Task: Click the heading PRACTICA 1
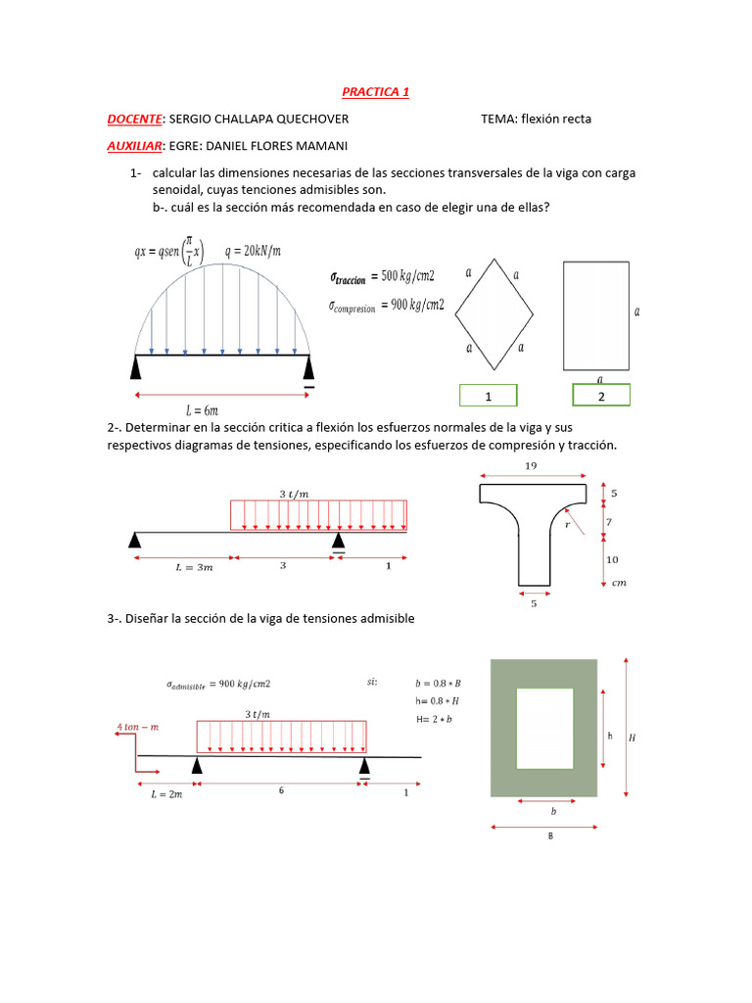click(375, 92)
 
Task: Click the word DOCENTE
click(134, 119)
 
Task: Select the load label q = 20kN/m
click(253, 250)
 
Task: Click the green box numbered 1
click(488, 396)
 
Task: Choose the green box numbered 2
click(601, 396)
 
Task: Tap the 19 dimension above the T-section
click(532, 467)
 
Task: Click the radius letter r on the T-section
click(568, 525)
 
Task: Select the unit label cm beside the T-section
click(618, 583)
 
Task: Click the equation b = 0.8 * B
click(439, 682)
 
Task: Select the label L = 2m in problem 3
click(166, 795)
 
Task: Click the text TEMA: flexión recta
click(536, 119)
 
